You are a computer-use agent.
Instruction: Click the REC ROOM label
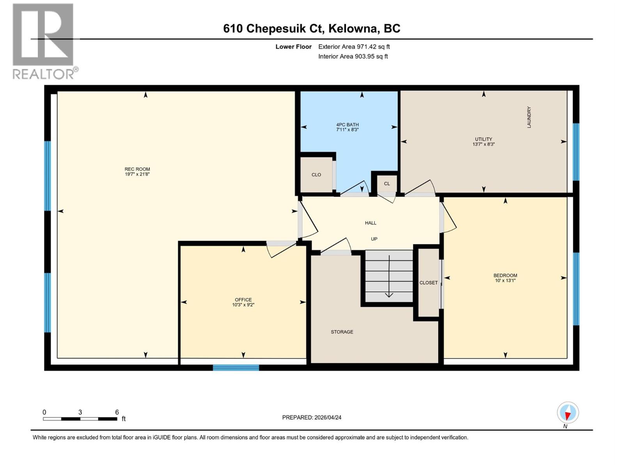[137, 169]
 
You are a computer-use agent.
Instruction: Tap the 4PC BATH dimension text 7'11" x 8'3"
[347, 130]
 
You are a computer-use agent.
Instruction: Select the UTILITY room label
[483, 139]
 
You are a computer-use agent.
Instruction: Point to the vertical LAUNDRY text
[529, 117]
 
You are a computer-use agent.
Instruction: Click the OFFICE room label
[243, 300]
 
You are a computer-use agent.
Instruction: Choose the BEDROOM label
[505, 275]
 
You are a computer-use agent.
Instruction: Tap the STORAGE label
[342, 332]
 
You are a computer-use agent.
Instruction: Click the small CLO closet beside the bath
[316, 175]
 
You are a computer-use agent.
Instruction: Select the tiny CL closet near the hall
[386, 184]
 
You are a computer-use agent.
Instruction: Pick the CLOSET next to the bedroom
[428, 283]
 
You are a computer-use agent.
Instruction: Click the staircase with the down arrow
[389, 276]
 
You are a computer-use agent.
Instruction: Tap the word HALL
[370, 223]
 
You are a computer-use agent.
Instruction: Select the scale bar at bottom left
[80, 419]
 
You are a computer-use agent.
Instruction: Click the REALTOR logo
[44, 41]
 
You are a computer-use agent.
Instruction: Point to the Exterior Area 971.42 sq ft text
[354, 47]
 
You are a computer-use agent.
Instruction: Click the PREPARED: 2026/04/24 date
[312, 417]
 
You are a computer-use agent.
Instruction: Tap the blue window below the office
[236, 367]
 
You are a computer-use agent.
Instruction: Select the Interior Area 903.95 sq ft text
[353, 57]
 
